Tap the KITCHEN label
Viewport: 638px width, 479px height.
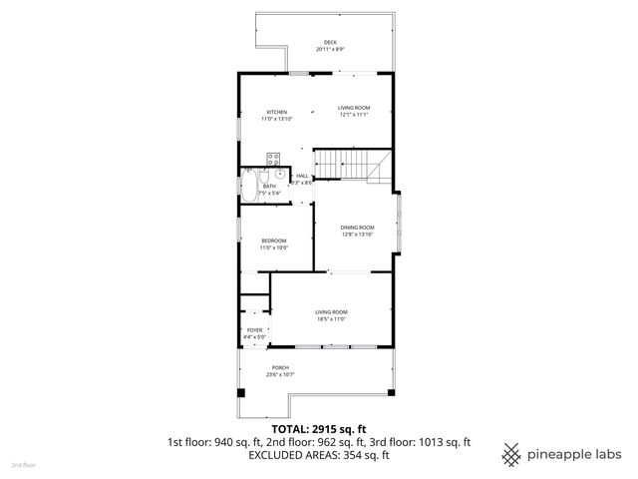[276, 111]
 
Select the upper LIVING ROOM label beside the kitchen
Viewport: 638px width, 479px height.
[353, 107]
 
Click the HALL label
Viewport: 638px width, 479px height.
[301, 176]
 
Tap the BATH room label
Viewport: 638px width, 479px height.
[269, 187]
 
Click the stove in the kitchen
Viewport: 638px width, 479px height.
[274, 157]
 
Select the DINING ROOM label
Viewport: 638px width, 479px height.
[358, 227]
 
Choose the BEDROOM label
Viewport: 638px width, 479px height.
[274, 240]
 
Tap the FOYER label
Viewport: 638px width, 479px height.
[254, 330]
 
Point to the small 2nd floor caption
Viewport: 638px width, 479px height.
[23, 465]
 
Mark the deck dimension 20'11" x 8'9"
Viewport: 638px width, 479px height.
[330, 49]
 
